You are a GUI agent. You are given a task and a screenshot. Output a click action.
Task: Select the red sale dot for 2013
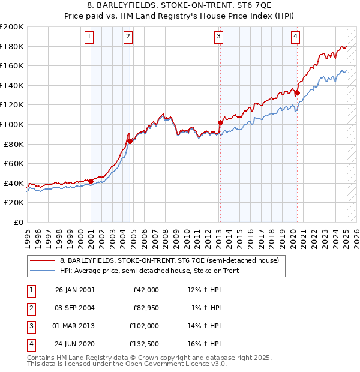(x=220, y=122)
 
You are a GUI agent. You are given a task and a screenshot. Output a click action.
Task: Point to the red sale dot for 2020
(x=297, y=92)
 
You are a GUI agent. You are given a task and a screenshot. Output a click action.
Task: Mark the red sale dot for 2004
(x=130, y=141)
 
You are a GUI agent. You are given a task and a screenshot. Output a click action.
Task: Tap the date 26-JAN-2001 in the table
(x=74, y=290)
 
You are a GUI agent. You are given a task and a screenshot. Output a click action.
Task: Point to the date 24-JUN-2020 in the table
(x=74, y=344)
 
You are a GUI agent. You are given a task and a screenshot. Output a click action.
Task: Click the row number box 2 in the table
(x=31, y=308)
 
